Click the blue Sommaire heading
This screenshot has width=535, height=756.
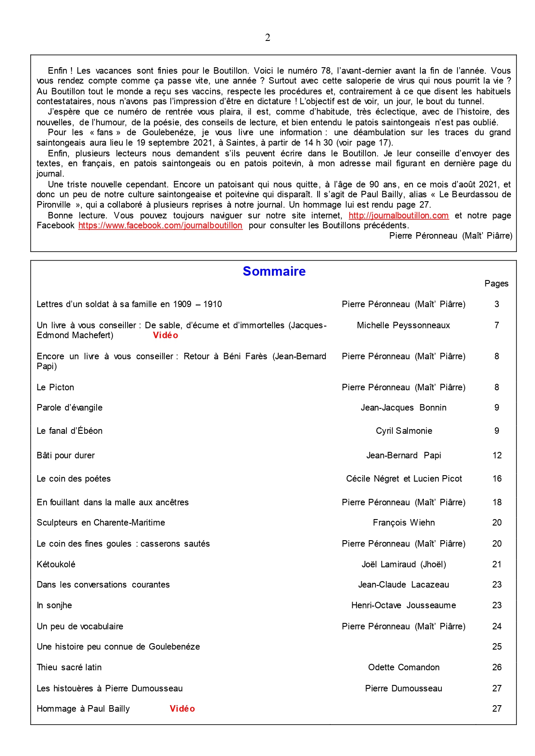[x=274, y=271]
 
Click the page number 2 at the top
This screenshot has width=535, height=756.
[x=268, y=38]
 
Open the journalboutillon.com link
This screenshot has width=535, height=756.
[x=398, y=215]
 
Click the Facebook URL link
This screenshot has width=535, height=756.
[x=160, y=225]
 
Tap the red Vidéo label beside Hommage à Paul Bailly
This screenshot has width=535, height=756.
[x=182, y=709]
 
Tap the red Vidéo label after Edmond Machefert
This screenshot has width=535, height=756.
[x=165, y=335]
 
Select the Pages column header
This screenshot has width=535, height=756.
[x=496, y=283]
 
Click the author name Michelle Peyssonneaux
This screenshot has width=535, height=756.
[x=403, y=325]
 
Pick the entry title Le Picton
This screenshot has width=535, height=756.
[x=55, y=387]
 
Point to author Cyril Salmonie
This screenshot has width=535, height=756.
[x=404, y=431]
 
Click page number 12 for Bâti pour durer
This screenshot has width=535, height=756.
[x=497, y=455]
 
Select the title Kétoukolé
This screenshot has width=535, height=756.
[x=56, y=564]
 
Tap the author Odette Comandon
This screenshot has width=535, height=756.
[x=404, y=667]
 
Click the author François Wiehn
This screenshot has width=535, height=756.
[x=404, y=523]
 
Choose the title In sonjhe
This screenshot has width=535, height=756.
[x=54, y=605]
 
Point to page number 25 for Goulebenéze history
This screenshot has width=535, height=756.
[x=497, y=647]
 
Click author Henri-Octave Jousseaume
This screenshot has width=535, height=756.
[x=404, y=605]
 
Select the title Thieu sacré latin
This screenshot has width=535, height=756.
[x=69, y=667]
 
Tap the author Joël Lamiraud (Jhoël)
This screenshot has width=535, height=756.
[x=404, y=564]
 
